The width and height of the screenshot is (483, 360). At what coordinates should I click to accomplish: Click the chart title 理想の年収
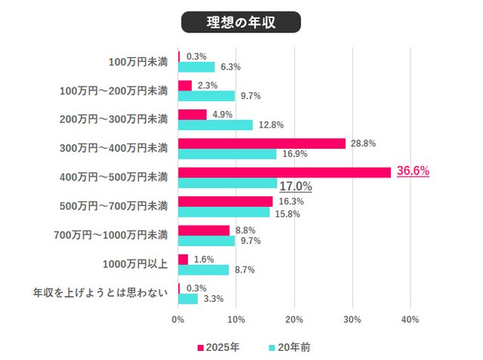point(241,22)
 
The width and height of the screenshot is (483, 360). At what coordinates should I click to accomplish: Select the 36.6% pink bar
point(284,172)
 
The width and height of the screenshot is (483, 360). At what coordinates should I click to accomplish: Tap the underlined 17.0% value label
point(295,186)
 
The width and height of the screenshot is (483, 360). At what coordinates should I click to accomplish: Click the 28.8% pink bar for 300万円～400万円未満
point(261,143)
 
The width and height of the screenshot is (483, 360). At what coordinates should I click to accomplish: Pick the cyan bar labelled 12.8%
point(215,125)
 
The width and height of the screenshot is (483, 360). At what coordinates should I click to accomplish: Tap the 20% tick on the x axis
point(294,319)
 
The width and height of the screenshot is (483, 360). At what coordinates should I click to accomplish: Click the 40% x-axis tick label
point(410,319)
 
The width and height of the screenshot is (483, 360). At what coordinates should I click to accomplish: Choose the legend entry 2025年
point(219,347)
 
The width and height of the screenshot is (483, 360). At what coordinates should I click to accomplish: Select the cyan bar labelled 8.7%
point(203,269)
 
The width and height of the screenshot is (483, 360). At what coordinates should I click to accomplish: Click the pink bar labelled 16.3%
point(225,202)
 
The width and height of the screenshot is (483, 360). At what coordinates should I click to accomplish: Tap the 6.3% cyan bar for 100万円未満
point(196,66)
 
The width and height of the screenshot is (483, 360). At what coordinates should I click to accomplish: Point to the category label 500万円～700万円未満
point(112,205)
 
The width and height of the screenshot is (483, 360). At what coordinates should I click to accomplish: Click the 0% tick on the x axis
point(178,319)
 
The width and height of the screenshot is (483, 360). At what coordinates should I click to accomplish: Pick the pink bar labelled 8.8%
point(203,230)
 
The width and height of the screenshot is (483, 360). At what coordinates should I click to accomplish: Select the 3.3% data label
point(213,299)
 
